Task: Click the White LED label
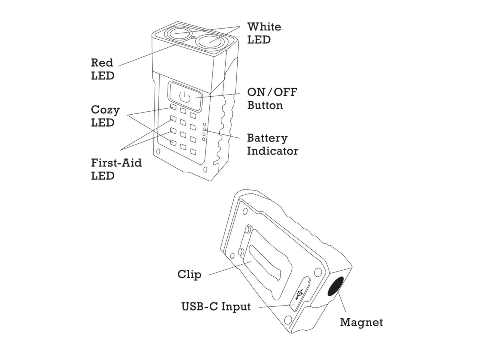[264, 33]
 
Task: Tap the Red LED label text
[102, 69]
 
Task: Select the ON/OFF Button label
[272, 98]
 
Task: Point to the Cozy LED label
[105, 116]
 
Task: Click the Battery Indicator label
[272, 144]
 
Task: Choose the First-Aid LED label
[116, 169]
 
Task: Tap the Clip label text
[189, 274]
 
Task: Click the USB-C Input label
[216, 307]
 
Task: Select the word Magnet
[361, 322]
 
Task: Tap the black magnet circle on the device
[336, 286]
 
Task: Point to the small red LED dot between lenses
[193, 38]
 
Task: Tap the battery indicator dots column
[204, 132]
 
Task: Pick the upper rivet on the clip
[248, 229]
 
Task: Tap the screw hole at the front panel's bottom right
[205, 170]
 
